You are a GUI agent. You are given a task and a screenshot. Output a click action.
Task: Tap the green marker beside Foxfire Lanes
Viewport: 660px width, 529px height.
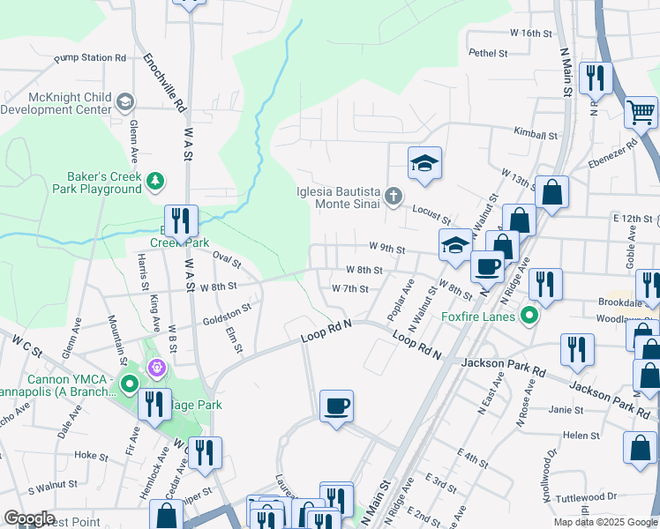coord(529,315)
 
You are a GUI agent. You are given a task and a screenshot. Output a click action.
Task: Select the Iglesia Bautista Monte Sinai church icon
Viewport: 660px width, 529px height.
coord(394,196)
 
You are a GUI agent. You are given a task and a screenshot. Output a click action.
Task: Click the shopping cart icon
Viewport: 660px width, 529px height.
coord(641,113)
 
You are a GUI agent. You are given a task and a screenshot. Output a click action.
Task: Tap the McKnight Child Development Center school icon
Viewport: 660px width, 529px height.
coord(125,102)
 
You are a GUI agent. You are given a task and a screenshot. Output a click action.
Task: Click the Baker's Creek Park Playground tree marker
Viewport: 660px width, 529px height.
coord(156,181)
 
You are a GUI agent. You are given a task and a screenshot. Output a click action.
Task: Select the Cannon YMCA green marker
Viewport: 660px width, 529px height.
coord(129,384)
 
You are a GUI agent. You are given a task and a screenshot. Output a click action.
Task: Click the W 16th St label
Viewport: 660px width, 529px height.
coord(530,33)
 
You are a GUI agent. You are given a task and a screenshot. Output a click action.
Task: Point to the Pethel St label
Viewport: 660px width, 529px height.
coord(489,53)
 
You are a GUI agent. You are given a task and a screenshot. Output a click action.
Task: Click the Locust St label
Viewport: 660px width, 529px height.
coord(432,215)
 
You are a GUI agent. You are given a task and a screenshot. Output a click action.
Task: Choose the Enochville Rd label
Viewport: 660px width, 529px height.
coord(164,81)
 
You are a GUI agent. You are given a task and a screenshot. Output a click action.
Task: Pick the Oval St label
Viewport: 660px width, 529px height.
coord(227,260)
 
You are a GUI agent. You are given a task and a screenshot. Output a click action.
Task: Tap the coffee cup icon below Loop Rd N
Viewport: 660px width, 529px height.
coord(336,406)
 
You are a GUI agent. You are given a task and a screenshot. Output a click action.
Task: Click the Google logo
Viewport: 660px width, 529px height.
coord(29,518)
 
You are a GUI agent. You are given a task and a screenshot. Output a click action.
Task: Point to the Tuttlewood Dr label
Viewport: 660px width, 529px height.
coord(588,497)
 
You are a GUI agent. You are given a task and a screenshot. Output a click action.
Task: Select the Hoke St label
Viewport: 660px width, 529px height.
coord(91,455)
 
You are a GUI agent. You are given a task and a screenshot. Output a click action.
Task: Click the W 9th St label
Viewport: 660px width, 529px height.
coord(386,250)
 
